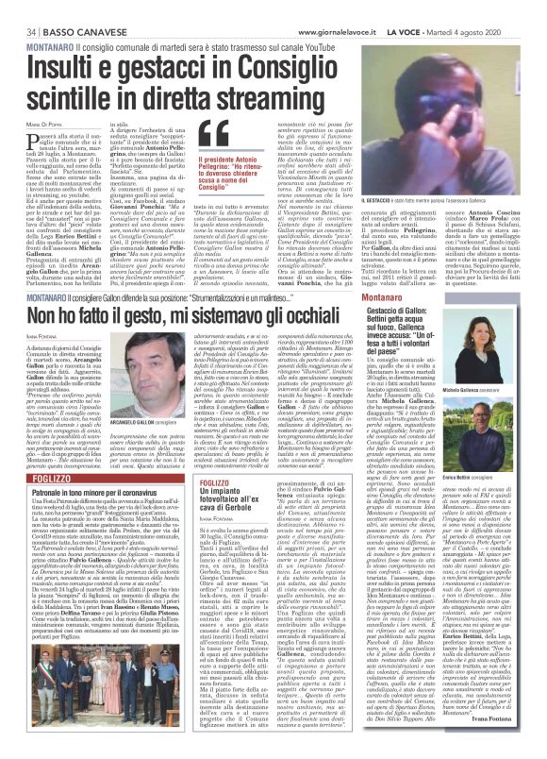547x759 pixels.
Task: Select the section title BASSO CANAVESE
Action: coord(67,8)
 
